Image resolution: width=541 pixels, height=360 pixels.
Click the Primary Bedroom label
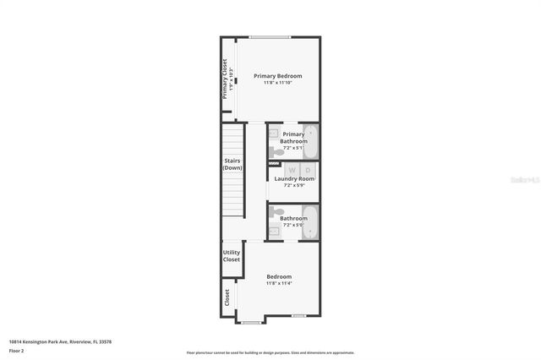[277, 76]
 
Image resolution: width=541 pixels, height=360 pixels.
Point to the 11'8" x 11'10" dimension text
[277, 83]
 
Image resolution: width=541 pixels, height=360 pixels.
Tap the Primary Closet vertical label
[225, 79]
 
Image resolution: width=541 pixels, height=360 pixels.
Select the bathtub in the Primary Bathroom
[310, 142]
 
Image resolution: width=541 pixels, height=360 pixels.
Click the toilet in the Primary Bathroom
[278, 152]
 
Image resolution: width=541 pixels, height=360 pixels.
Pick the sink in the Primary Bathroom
[274, 134]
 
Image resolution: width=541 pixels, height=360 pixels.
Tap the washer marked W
[281, 169]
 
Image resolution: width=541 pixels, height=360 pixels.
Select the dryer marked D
[307, 169]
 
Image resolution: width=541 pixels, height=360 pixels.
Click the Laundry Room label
[293, 179]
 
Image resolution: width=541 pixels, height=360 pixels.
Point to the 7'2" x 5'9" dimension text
[293, 186]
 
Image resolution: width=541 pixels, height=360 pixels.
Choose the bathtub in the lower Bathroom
[310, 222]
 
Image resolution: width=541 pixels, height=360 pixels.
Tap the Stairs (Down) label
[232, 164]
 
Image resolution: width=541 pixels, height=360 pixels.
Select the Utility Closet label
[232, 256]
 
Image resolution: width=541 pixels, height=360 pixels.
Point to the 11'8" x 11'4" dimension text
[278, 284]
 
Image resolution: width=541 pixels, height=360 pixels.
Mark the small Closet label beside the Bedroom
[227, 298]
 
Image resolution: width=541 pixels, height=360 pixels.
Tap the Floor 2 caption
[17, 350]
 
